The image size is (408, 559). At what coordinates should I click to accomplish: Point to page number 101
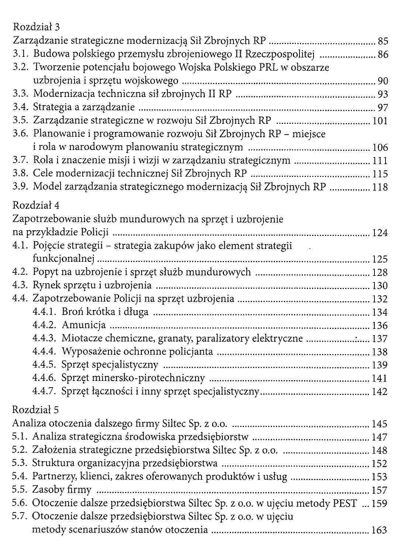pyautogui.click(x=380, y=121)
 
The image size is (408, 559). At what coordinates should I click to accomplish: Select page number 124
pyautogui.click(x=380, y=233)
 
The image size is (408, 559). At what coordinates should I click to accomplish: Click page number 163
pyautogui.click(x=379, y=530)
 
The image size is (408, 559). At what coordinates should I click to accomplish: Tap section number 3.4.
pyautogui.click(x=20, y=107)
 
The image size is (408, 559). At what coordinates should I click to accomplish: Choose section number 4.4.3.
pyautogui.click(x=44, y=338)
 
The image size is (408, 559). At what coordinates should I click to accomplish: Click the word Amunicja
pyautogui.click(x=84, y=325)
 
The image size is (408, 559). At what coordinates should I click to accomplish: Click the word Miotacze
pyautogui.click(x=82, y=338)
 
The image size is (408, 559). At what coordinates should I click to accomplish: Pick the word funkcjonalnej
pyautogui.click(x=64, y=259)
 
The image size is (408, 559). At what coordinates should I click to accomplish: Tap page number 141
pyautogui.click(x=380, y=378)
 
